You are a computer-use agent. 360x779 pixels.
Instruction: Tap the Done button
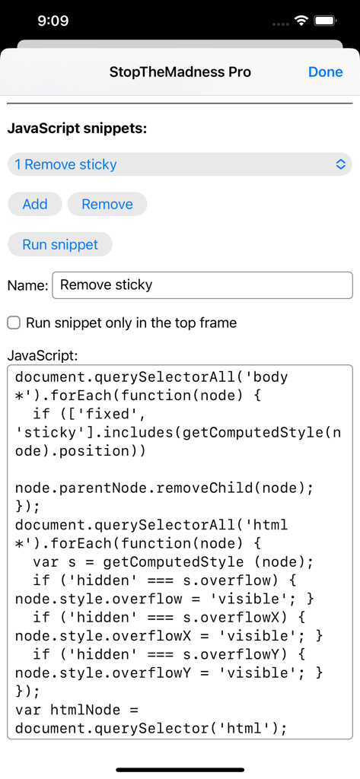(x=325, y=72)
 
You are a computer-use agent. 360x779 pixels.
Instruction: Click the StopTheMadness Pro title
(x=180, y=72)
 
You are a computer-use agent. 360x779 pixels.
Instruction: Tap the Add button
(x=35, y=204)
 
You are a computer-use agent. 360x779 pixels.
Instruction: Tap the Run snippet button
(x=60, y=244)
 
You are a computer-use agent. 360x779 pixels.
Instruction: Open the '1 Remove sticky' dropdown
(x=180, y=164)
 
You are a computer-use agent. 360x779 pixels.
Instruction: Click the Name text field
(x=202, y=285)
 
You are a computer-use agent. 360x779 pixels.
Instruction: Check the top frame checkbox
(x=14, y=323)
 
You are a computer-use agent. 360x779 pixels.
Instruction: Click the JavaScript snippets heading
(x=77, y=129)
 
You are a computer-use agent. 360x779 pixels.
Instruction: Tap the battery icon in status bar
(x=325, y=21)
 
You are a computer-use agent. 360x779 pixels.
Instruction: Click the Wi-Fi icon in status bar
(x=301, y=21)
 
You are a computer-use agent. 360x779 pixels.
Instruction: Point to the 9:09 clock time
(x=53, y=21)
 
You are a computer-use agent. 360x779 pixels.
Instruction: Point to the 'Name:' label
(x=27, y=285)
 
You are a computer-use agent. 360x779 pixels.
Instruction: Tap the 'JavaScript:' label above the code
(x=43, y=355)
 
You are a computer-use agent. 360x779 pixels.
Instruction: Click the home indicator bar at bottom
(x=180, y=769)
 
